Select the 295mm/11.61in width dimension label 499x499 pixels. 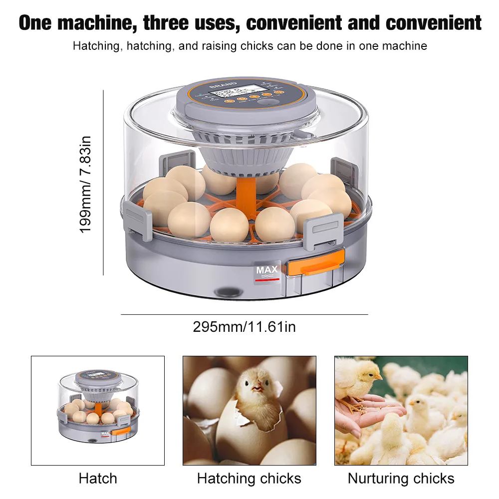point(244,327)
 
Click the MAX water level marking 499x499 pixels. point(267,271)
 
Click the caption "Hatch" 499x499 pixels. point(98,479)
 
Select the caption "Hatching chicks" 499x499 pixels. point(249,479)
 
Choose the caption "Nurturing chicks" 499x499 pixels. point(401,479)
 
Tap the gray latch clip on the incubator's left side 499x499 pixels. point(137,220)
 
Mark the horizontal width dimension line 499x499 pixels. point(244,315)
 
